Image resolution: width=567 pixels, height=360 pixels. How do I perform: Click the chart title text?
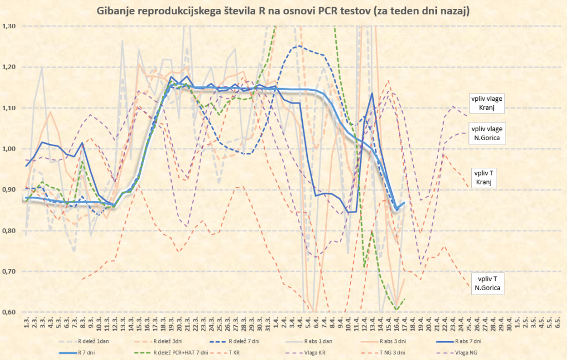pyautogui.click(x=283, y=11)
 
